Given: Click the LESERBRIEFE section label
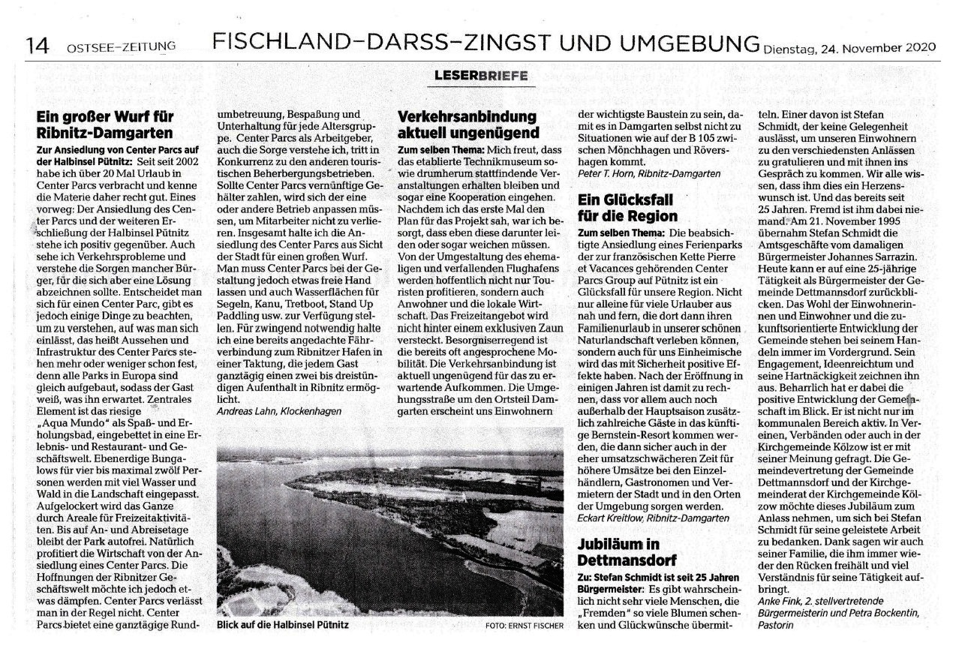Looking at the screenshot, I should (481, 75).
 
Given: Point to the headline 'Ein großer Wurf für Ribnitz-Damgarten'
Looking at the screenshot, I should (106, 125).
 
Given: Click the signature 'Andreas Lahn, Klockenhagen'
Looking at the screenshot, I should (278, 411).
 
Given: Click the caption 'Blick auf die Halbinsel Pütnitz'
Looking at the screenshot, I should (282, 625).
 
